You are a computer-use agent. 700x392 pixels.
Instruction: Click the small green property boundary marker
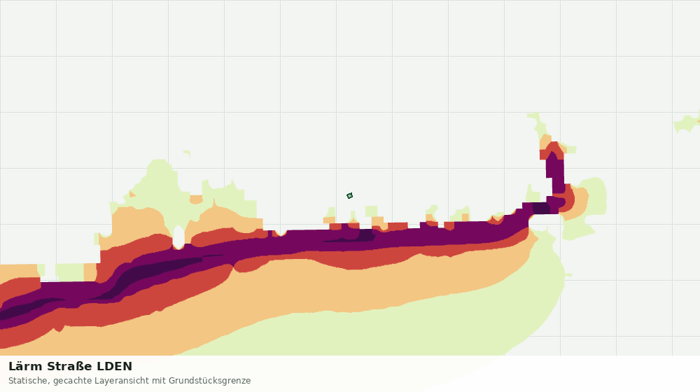pyautogui.click(x=349, y=195)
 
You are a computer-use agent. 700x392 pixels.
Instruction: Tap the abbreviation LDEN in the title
pyautogui.click(x=115, y=366)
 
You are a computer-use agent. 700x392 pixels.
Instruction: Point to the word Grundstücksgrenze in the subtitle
pyautogui.click(x=209, y=381)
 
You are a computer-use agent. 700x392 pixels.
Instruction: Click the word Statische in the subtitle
pyautogui.click(x=29, y=381)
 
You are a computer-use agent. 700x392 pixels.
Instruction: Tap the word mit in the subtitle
pyautogui.click(x=159, y=381)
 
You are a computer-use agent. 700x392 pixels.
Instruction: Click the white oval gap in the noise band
pyautogui.click(x=178, y=237)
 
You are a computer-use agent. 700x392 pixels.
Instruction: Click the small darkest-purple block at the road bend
pyautogui.click(x=541, y=208)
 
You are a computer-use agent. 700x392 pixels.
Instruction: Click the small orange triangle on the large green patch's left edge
pyautogui.click(x=132, y=194)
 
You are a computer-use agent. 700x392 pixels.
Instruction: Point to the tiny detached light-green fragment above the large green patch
pyautogui.click(x=187, y=154)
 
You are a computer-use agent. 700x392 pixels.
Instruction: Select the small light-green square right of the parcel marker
pyautogui.click(x=371, y=211)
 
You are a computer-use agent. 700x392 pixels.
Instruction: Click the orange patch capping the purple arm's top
pyautogui.click(x=545, y=142)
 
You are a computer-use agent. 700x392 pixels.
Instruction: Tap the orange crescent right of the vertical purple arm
pyautogui.click(x=579, y=203)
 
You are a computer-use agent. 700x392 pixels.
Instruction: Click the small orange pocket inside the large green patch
pyautogui.click(x=196, y=199)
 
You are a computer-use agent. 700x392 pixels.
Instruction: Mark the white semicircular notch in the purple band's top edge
pyautogui.click(x=280, y=232)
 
